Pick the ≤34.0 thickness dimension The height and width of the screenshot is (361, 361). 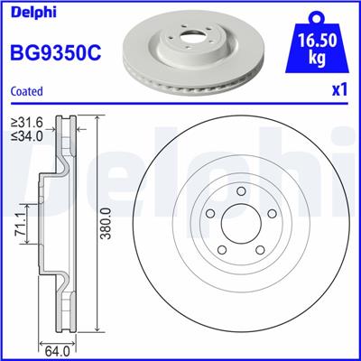(x=25, y=137)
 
